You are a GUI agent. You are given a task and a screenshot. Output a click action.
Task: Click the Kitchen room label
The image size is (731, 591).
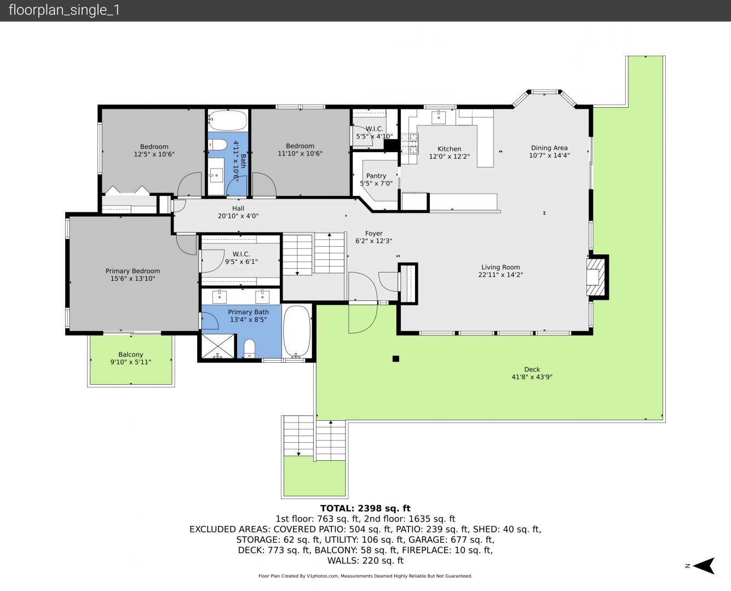point(449,149)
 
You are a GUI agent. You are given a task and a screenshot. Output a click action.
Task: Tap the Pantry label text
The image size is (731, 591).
point(376,176)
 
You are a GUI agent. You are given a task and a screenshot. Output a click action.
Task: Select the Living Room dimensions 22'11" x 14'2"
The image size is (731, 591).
point(500,275)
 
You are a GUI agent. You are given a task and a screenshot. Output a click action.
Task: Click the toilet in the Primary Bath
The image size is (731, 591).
point(249,349)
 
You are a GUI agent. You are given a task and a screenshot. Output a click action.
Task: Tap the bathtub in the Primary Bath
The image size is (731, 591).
point(297,331)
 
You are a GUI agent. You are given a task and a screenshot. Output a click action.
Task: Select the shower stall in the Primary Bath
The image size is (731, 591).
point(217,346)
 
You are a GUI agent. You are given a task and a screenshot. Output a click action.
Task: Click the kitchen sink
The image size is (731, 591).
point(438,117)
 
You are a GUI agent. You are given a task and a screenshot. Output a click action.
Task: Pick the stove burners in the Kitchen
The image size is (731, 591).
point(410,143)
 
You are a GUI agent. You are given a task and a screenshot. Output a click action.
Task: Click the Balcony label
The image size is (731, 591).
point(131,354)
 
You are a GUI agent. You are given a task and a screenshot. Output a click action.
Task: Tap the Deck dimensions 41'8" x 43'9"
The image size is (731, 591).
point(532,377)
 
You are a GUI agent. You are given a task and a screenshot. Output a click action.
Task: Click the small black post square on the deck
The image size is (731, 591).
point(396,359)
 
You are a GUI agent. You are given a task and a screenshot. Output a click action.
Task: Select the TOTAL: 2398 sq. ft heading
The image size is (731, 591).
point(365,508)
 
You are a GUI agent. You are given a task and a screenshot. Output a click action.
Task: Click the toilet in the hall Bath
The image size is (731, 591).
point(217,145)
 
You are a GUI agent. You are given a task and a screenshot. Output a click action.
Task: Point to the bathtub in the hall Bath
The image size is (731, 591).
point(228,120)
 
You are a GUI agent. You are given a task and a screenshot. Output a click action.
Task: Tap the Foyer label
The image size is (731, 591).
point(374,233)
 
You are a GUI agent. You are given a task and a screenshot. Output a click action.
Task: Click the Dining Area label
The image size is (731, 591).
point(549,148)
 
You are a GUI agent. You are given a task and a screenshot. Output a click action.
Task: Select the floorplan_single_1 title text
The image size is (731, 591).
point(64,10)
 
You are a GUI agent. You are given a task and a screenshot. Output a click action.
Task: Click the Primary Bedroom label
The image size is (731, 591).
point(133,271)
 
